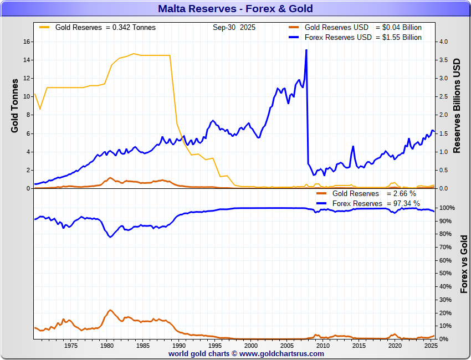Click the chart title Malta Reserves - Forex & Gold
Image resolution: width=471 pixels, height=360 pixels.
click(x=235, y=8)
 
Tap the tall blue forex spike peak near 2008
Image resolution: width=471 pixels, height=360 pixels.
click(x=306, y=50)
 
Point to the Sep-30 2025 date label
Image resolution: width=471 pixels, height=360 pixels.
click(x=234, y=27)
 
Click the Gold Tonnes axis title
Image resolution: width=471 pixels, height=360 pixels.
click(x=15, y=105)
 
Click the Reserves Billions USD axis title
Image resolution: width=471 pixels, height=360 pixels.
click(x=457, y=105)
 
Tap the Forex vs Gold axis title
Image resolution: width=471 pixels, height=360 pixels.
click(x=464, y=264)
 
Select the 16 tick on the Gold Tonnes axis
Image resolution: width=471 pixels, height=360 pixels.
click(x=26, y=42)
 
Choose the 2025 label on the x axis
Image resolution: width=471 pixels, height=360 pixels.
click(x=430, y=346)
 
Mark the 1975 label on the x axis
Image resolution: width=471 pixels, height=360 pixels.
click(x=70, y=346)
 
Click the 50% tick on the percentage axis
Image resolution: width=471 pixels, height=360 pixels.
click(x=446, y=274)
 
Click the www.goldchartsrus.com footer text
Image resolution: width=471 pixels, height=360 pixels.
click(x=282, y=353)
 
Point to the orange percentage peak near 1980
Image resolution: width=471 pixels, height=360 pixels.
click(x=110, y=310)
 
